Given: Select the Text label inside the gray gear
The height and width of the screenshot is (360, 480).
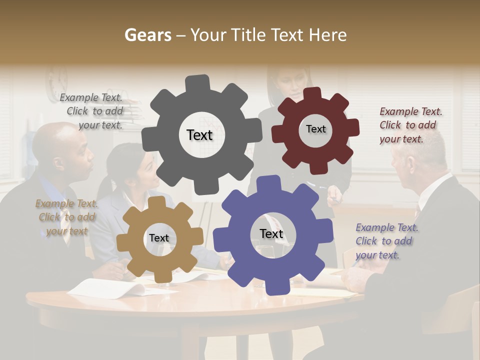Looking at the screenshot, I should coord(199,135).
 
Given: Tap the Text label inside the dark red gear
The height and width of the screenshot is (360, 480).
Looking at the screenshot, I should coord(315,129).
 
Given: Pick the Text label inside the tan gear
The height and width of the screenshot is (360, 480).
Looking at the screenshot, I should coord(159,238).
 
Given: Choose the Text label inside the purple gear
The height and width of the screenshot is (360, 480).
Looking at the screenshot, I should coord(271,233).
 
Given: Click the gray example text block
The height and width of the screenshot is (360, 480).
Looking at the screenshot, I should coord(92,111).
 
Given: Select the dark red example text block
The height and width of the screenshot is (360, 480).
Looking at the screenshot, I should coord(410,125).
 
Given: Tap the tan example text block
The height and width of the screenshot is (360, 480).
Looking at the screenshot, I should coord(66,217).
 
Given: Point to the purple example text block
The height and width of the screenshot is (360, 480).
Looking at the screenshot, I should coord(386,241).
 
